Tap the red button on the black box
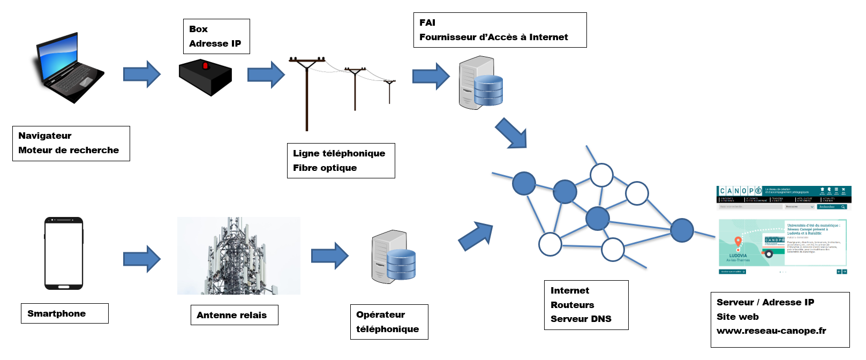[205, 66]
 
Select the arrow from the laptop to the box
[141, 74]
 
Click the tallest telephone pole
[307, 94]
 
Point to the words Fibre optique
[325, 168]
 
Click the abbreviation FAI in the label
[427, 22]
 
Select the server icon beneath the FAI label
[480, 83]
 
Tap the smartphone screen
[64, 253]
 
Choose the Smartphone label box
[64, 313]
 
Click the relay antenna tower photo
[238, 256]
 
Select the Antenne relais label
[234, 315]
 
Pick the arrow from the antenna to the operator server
[329, 256]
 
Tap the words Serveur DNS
[581, 319]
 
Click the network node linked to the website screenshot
[682, 230]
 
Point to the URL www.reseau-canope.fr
[771, 331]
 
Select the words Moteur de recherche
[69, 150]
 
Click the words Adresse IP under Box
[215, 43]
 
